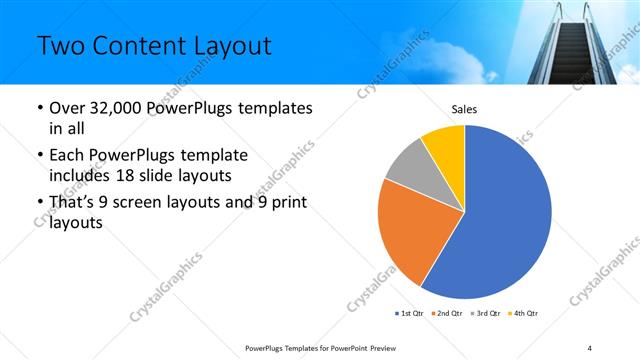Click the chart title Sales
465,107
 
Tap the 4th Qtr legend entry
525,314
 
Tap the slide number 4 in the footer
590,347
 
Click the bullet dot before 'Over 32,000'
39,108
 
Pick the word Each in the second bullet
66,155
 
